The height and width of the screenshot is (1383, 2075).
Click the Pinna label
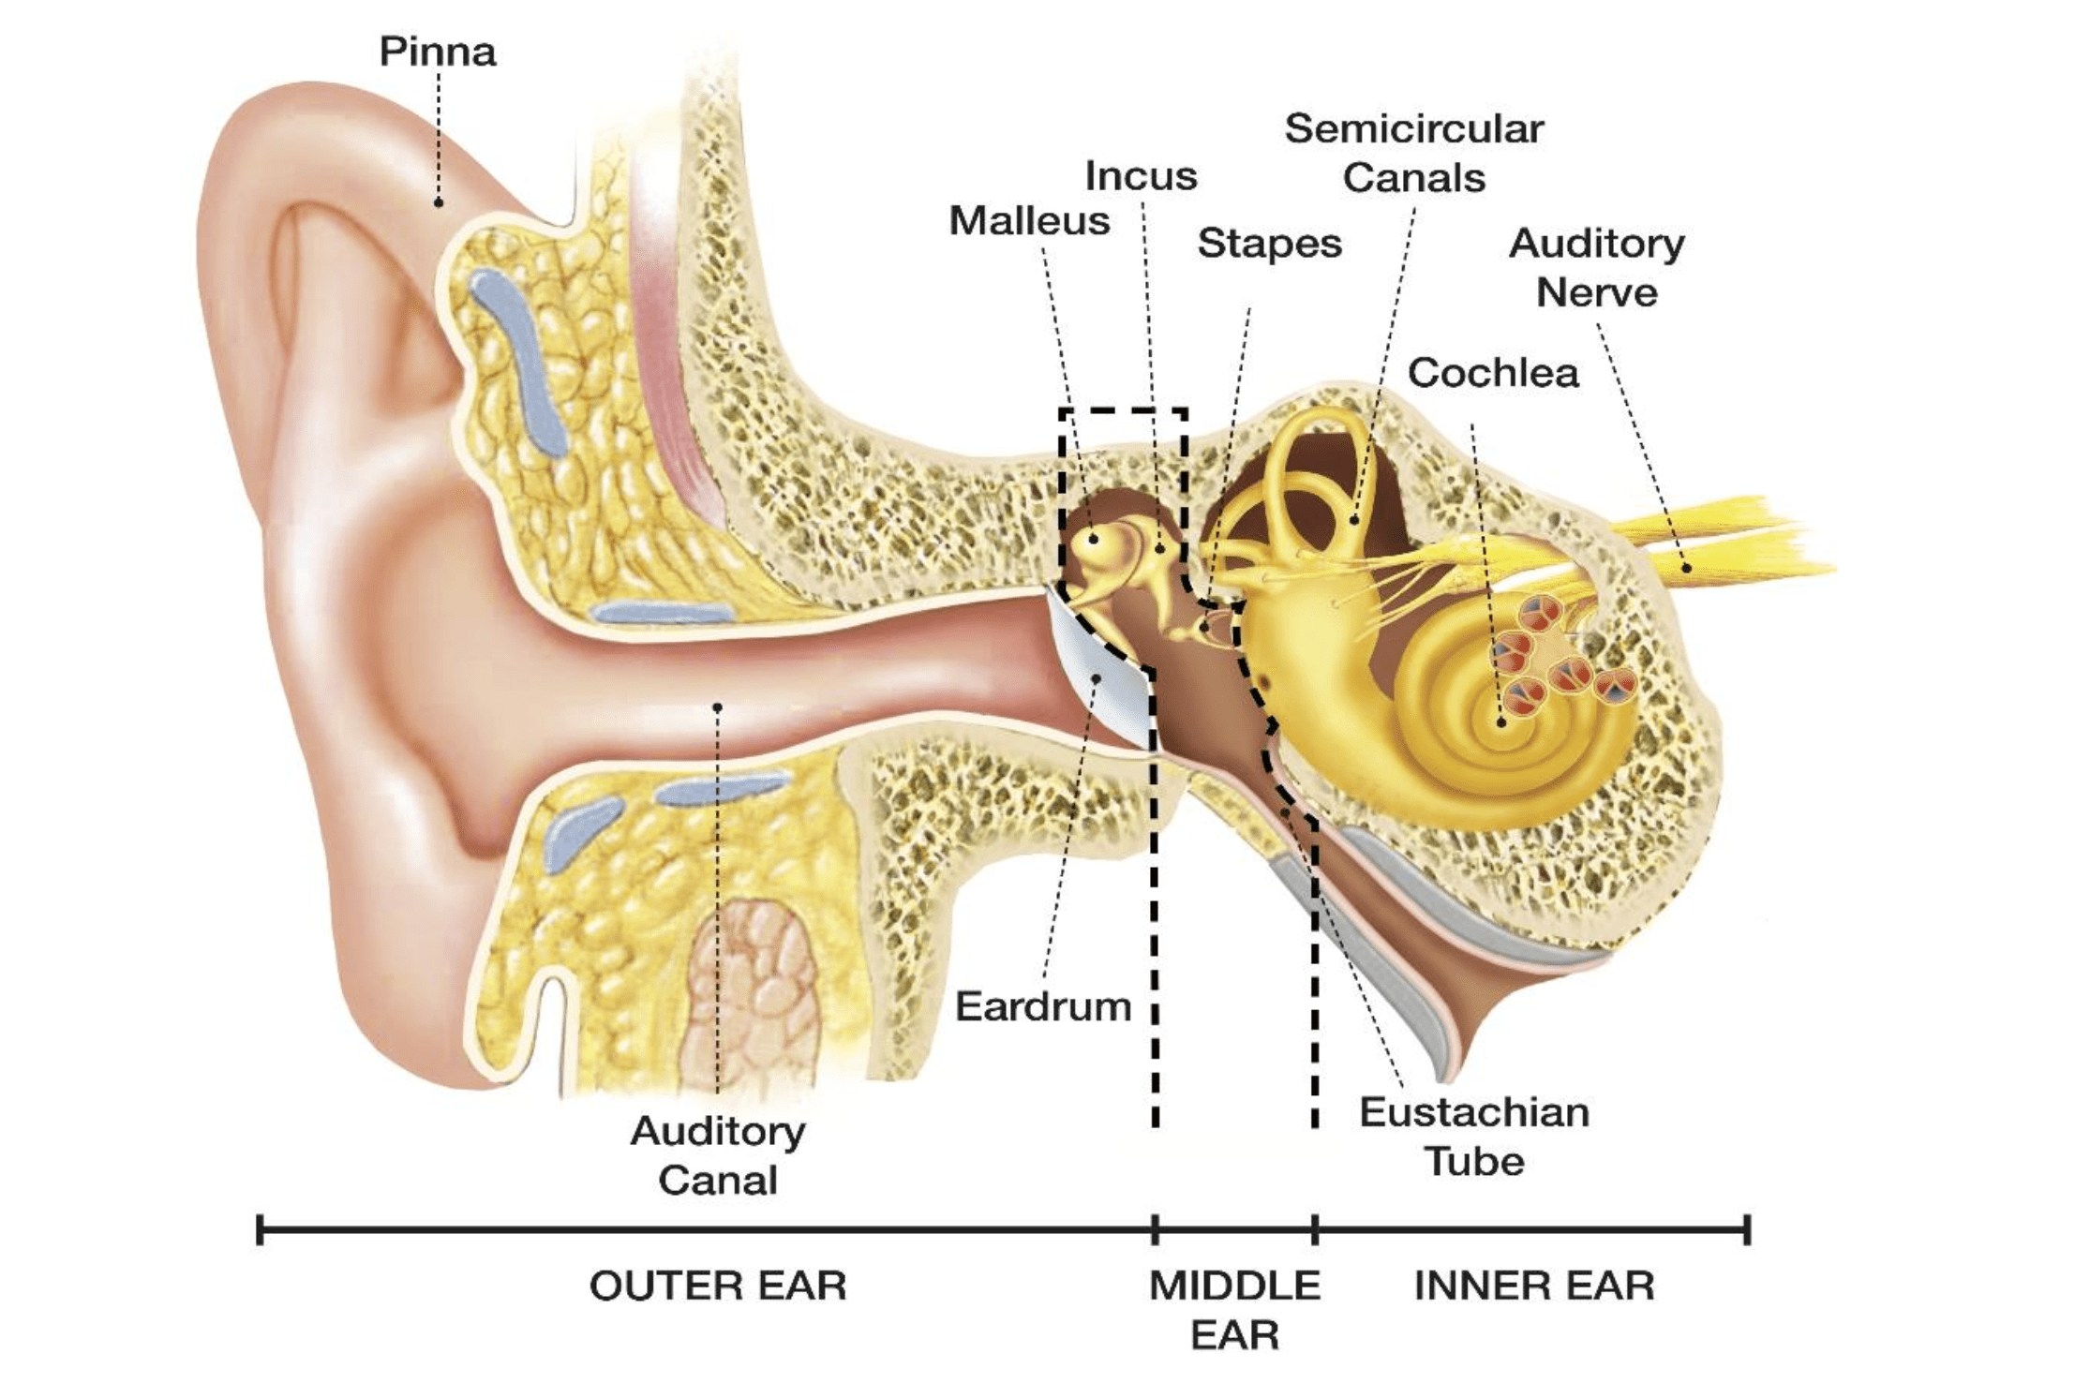tap(437, 52)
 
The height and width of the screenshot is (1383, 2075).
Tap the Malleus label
tap(1029, 221)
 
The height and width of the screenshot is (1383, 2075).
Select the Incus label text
tap(1141, 176)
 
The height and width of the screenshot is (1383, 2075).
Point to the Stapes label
tap(1269, 244)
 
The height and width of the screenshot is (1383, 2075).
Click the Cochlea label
tap(1492, 373)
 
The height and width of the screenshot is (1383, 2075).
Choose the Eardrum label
tap(1042, 1007)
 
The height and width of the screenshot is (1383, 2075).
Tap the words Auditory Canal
tap(718, 1155)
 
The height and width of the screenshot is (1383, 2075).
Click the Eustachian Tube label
tap(1474, 1137)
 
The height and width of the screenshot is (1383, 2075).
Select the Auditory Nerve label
tap(1596, 268)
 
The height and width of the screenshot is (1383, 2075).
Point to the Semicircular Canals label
tap(1413, 153)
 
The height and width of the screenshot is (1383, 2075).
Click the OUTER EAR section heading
tap(717, 1286)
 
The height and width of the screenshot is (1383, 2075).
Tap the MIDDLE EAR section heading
tap(1234, 1309)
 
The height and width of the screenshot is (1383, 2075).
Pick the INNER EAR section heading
tap(1533, 1286)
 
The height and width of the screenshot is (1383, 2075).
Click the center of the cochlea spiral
tap(1500, 722)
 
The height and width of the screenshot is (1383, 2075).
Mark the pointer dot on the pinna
tap(438, 202)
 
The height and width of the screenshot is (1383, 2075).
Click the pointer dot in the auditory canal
tap(717, 707)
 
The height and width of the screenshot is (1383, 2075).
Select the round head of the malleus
tap(1094, 540)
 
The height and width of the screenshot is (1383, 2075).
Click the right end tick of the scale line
tap(1747, 1229)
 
